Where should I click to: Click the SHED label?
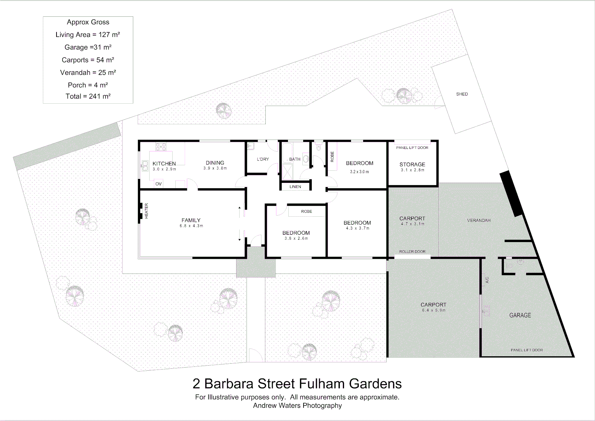point(462,94)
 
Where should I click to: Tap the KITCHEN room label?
point(164,164)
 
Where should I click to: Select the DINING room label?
point(215,163)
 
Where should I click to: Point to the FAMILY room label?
point(191,220)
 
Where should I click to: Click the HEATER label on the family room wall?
point(147,211)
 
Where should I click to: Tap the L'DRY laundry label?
point(263,159)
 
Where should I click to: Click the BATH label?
point(295,159)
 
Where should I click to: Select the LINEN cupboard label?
point(295,187)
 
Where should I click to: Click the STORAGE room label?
point(412,165)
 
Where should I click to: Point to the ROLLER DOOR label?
point(412,251)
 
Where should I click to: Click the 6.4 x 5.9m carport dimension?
point(433,310)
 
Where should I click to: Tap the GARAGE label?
point(520,315)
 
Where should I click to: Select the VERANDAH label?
point(478,220)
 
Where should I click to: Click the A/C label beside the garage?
point(487,280)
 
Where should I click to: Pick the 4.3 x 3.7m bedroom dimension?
point(357,228)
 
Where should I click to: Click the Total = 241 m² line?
point(88,96)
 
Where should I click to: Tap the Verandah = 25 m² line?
point(88,73)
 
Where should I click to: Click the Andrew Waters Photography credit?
point(297,405)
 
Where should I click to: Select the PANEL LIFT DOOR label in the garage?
point(527,350)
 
